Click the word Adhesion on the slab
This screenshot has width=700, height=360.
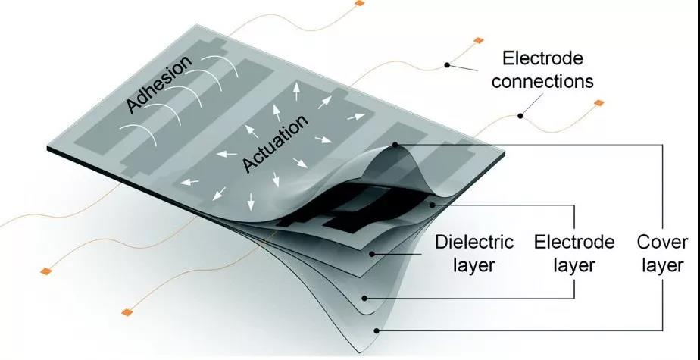159,83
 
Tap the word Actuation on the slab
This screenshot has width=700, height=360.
276,142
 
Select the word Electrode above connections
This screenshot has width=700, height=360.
542,58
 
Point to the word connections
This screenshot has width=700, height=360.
542,82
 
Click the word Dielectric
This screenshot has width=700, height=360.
474,243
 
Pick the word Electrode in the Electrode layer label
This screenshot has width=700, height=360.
574,243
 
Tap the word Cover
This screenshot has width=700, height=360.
662,243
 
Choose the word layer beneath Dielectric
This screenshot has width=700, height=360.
474,266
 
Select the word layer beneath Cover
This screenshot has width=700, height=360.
662,266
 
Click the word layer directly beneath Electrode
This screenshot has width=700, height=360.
574,266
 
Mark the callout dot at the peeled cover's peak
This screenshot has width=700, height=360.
395,145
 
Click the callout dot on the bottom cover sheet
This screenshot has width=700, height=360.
377,331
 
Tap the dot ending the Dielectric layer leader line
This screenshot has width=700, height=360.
371,254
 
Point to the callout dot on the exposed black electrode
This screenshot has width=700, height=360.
432,205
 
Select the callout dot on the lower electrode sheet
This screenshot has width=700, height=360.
364,298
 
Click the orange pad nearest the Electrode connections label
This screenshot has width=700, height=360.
479,41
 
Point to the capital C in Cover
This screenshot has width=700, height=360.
643,243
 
